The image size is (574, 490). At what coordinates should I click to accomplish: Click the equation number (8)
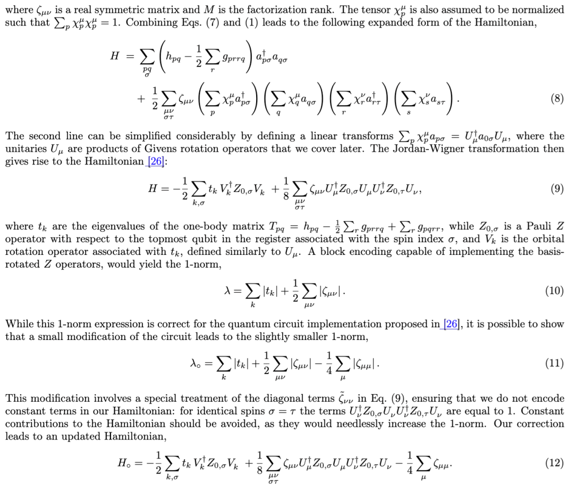point(557,99)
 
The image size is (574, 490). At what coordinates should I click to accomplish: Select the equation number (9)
point(557,189)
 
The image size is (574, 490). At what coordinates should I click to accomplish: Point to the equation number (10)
point(554,290)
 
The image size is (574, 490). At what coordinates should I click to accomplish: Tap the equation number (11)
point(554,364)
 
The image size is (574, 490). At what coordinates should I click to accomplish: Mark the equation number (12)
point(554,463)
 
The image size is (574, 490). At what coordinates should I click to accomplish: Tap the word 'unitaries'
point(22,149)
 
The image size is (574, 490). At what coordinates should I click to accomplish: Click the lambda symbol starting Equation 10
point(229,290)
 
